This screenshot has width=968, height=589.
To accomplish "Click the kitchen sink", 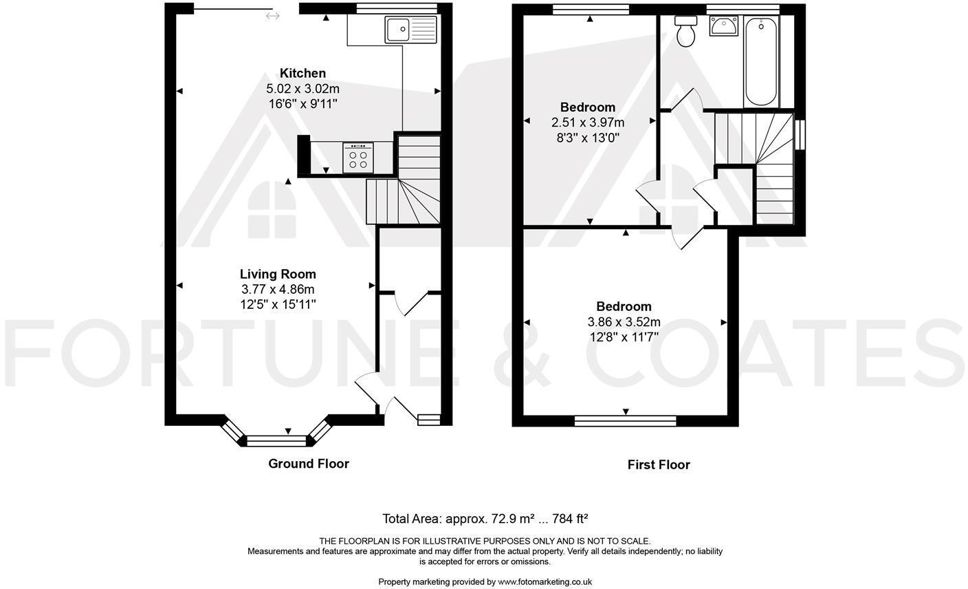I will tap(411, 30).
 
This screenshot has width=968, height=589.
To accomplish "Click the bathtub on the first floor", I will tap(761, 61).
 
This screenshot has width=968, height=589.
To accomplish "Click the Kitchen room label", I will tap(302, 73).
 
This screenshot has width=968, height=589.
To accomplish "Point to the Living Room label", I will tap(278, 274).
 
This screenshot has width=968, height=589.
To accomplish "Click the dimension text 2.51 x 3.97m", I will tap(588, 122).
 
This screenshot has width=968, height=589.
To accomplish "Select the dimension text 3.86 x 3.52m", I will tap(624, 322).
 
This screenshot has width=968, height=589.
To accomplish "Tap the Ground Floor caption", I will tap(308, 464).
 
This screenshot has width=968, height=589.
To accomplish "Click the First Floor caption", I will tap(658, 465).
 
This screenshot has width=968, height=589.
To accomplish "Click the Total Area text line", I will tap(485, 518).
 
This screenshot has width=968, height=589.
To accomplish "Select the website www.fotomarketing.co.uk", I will tap(544, 581).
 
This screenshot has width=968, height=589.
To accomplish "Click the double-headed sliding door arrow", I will tap(273, 16).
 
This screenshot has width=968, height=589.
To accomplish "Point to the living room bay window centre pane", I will tap(275, 440).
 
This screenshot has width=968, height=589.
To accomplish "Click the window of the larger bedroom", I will tap(625, 420).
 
